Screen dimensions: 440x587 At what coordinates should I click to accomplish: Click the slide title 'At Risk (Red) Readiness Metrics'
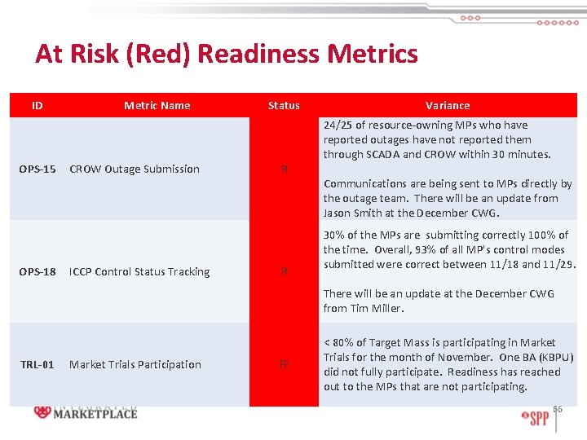point(226,54)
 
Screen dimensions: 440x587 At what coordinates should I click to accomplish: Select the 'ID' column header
point(38,105)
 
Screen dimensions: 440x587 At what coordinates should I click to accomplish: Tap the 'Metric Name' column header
point(157,105)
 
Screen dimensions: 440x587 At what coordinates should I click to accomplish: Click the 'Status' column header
point(284,105)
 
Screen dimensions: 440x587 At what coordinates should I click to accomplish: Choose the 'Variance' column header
point(448,105)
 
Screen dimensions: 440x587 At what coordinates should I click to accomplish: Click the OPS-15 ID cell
point(38,169)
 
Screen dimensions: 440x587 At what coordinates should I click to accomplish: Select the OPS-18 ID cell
point(38,272)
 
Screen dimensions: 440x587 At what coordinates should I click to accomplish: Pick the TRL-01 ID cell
point(38,365)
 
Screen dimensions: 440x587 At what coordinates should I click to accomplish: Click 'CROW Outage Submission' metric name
point(135,169)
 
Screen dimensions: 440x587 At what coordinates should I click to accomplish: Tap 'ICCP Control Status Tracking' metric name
point(139,272)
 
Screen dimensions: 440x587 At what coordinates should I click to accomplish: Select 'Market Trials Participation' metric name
point(135,365)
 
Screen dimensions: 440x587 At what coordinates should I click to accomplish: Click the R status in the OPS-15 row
point(284,169)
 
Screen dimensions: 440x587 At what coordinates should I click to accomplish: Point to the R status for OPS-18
point(284,272)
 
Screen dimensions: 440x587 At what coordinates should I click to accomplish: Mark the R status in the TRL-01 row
point(284,365)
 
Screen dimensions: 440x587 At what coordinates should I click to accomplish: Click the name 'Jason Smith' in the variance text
point(353,213)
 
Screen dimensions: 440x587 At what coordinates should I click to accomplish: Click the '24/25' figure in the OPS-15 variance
point(338,125)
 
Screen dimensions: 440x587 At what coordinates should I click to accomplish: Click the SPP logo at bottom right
point(536,417)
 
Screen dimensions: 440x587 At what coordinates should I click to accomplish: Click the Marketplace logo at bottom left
point(86,412)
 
